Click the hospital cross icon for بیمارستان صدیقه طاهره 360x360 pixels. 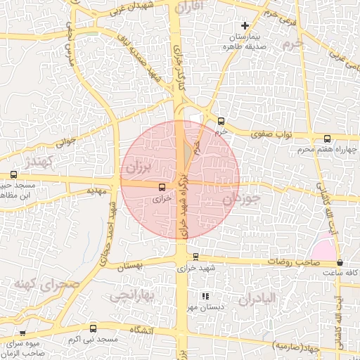tap(245, 26)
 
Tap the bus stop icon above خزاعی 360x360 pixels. tap(162, 187)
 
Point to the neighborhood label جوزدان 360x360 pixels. tap(241, 200)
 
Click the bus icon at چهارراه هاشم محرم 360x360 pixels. tap(327, 139)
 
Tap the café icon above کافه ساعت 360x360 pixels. tap(340, 262)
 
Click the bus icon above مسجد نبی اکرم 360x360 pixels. tap(94, 328)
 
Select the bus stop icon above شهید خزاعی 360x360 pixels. tap(195, 257)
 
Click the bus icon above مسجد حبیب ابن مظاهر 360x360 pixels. tap(13, 175)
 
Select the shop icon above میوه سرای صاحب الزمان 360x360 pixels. tap(22, 333)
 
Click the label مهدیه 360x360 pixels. tap(96, 191)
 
